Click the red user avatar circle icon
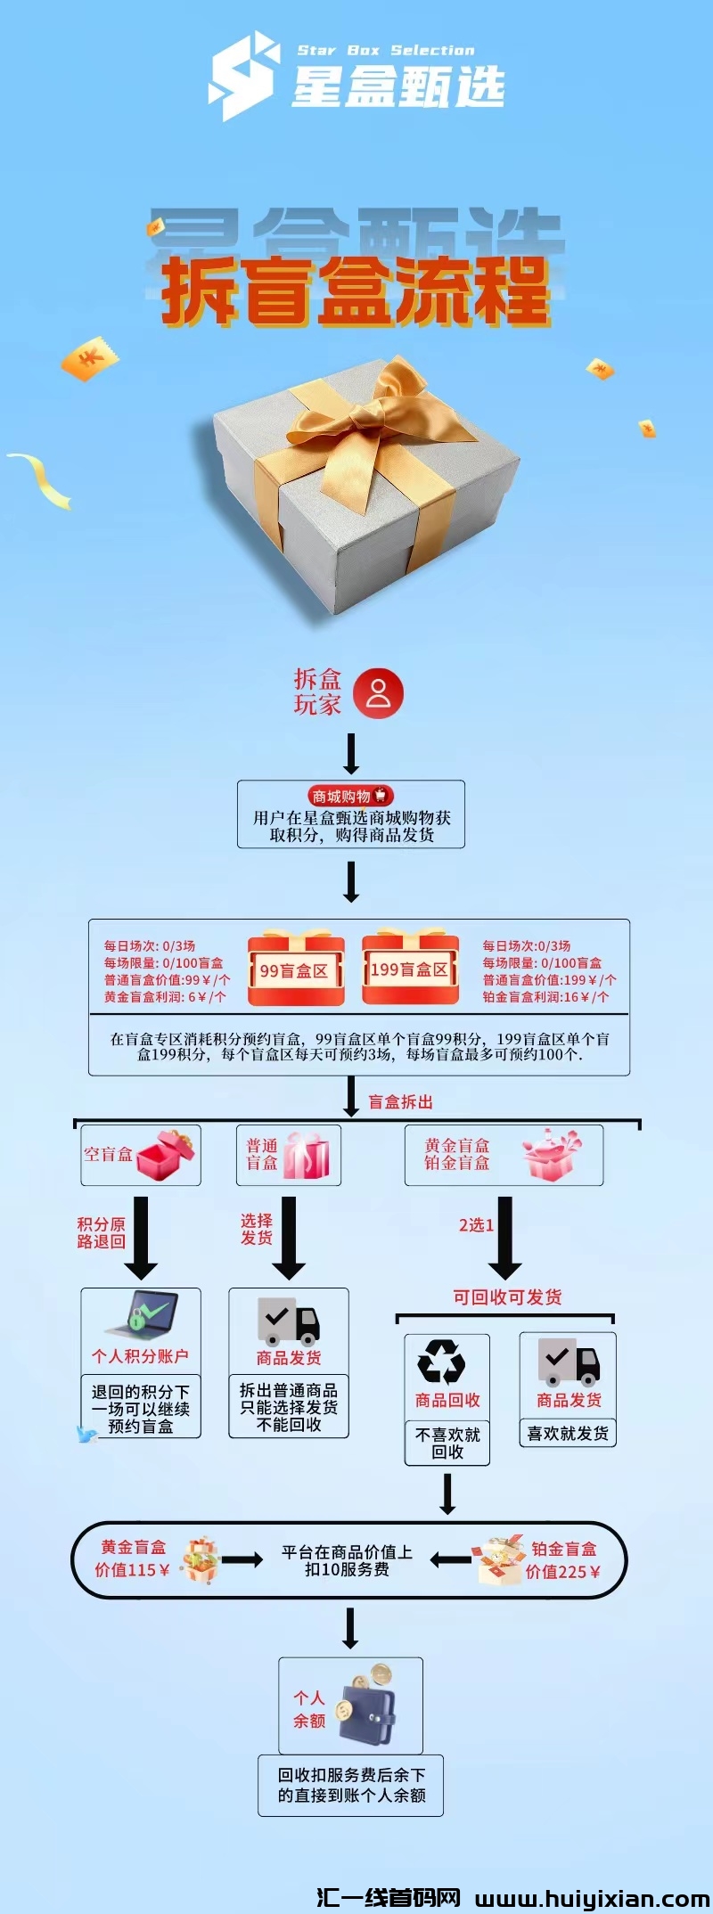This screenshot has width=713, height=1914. pyautogui.click(x=378, y=693)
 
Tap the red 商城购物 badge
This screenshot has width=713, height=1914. pyautogui.click(x=350, y=796)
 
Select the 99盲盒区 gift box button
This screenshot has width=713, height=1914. pyautogui.click(x=295, y=969)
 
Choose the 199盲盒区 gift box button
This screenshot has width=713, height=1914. pyautogui.click(x=410, y=969)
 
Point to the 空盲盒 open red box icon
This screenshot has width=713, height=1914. pyautogui.click(x=165, y=1155)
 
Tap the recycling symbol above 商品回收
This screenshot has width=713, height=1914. pyautogui.click(x=441, y=1362)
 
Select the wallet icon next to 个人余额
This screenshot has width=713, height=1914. pyautogui.click(x=366, y=1705)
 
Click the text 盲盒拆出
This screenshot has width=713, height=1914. pyautogui.click(x=401, y=1102)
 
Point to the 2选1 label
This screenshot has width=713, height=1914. pyautogui.click(x=476, y=1225)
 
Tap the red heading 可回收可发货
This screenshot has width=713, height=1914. pyautogui.click(x=507, y=1297)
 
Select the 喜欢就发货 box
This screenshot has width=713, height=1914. pyautogui.click(x=568, y=1434)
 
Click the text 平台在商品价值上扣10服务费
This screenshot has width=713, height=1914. pyautogui.click(x=347, y=1560)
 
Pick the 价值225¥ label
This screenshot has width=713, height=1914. pyautogui.click(x=562, y=1572)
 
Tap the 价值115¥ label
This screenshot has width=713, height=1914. pyautogui.click(x=132, y=1570)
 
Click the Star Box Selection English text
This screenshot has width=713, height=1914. pyautogui.click(x=386, y=51)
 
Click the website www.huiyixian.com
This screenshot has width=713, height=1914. pyautogui.click(x=592, y=1899)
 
